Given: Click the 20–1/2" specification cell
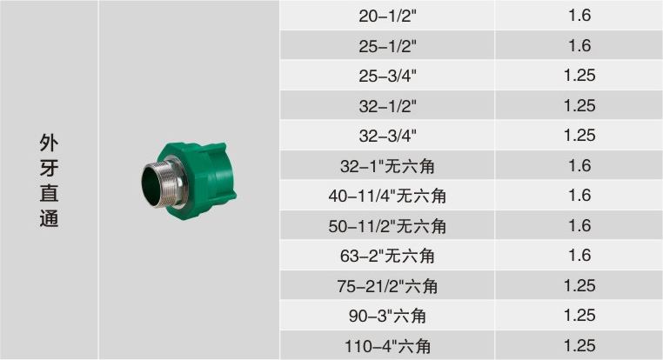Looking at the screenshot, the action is (x=387, y=16).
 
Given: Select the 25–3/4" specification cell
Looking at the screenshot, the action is (x=387, y=76).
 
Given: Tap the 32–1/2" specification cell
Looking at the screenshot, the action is (x=387, y=106).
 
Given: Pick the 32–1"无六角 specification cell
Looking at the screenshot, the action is (x=387, y=166).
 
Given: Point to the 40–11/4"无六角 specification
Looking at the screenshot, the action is (x=387, y=196).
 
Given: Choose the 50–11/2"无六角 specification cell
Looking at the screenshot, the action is (x=387, y=226).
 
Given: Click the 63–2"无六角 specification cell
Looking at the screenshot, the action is (x=387, y=256).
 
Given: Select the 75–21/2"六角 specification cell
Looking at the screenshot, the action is (x=387, y=286).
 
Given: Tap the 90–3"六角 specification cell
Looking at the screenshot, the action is (x=387, y=316).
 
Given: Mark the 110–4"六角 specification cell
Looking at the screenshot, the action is (x=387, y=346).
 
